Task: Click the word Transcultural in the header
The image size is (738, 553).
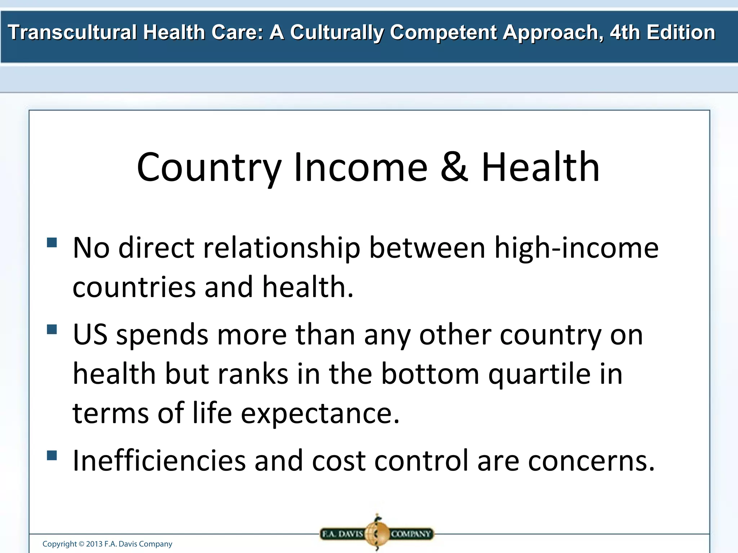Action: [72, 32]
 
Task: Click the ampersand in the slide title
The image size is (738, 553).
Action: [454, 167]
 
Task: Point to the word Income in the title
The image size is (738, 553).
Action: [361, 167]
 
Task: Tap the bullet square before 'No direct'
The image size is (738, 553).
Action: [52, 242]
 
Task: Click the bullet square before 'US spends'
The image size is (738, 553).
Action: [52, 329]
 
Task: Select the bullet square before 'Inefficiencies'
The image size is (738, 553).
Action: [52, 455]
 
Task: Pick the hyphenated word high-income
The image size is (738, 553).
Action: [576, 248]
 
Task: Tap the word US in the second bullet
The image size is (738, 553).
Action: [90, 335]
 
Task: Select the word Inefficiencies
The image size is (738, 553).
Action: [159, 461]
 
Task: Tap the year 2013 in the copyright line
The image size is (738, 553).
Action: [94, 544]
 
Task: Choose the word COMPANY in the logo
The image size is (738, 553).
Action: [411, 534]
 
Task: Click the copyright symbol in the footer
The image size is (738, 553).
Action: [81, 544]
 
